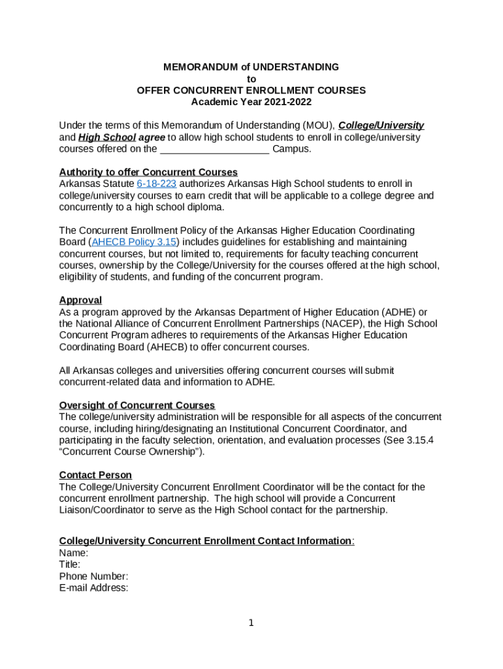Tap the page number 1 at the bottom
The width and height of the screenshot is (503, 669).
point(251,623)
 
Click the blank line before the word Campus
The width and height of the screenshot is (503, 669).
point(214,149)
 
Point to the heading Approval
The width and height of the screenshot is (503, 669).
point(80,301)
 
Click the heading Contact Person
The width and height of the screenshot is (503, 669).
point(95,475)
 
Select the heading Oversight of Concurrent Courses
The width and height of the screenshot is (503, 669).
point(137,406)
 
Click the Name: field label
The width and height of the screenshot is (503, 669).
point(73,553)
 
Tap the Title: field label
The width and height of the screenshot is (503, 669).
point(70,564)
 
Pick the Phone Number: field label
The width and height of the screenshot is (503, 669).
point(93,576)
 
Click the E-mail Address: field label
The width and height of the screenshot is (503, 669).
point(93,588)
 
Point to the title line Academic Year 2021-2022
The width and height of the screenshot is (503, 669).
point(251,102)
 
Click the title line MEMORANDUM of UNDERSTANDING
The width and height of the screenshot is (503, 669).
point(251,67)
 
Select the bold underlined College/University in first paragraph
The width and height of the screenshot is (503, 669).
point(381,125)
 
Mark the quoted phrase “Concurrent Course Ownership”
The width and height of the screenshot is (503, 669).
point(131,452)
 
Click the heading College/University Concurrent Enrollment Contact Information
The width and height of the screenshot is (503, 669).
point(206,541)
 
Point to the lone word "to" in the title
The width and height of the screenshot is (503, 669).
point(251,78)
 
